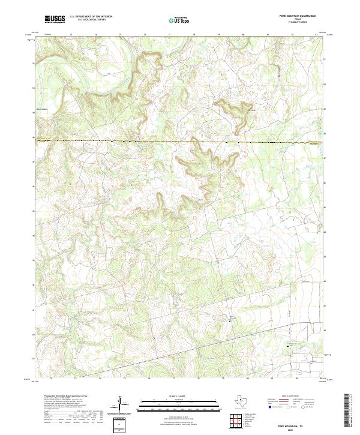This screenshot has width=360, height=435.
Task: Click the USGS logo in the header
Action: tap(55, 20)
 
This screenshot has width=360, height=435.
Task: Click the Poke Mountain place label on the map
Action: tap(252, 110)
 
